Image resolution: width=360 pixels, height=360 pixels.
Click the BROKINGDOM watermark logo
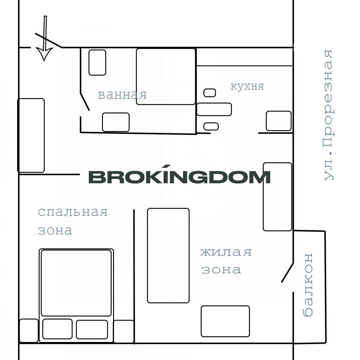179,174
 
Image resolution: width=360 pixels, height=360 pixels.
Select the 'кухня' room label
247,86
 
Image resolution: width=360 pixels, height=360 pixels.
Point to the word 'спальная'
73,212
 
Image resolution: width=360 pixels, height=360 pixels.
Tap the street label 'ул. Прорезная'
328,115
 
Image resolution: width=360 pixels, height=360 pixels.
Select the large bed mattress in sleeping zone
76,283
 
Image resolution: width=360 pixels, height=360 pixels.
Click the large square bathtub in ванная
166,76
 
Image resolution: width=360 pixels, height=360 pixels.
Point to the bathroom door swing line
85,101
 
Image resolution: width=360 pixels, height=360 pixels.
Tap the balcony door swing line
287,273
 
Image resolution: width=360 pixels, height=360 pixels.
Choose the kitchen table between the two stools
214,109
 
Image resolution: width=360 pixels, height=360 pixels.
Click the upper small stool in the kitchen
210,93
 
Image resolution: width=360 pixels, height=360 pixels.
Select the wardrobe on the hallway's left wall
31,135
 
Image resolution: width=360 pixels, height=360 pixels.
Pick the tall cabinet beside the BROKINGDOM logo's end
277,197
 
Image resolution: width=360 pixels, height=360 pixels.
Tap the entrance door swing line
49,40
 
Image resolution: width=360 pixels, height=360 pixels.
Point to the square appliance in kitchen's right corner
278,121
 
